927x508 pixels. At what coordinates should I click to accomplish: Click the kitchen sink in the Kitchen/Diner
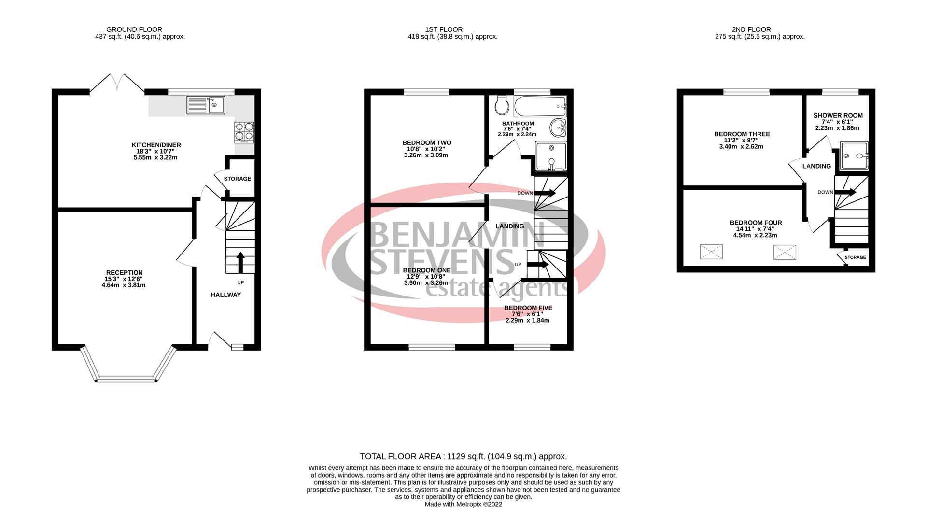click(206, 105)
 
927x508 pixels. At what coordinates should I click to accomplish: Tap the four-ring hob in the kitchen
click(244, 132)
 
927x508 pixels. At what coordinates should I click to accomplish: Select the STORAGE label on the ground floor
click(238, 179)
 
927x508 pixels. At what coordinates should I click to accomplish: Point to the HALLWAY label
click(225, 295)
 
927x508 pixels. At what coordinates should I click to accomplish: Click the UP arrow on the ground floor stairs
click(240, 262)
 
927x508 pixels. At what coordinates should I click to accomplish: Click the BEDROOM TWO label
click(427, 143)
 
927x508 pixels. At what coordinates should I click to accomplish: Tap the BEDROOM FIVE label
click(528, 308)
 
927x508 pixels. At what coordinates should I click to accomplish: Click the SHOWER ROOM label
click(838, 115)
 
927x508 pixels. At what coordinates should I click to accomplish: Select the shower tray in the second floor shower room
click(854, 156)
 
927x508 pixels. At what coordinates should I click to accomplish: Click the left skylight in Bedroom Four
click(711, 252)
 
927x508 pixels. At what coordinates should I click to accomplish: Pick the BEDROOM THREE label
click(742, 134)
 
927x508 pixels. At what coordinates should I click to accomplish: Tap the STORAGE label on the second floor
click(855, 257)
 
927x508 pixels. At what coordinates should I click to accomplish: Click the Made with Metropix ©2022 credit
click(463, 504)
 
